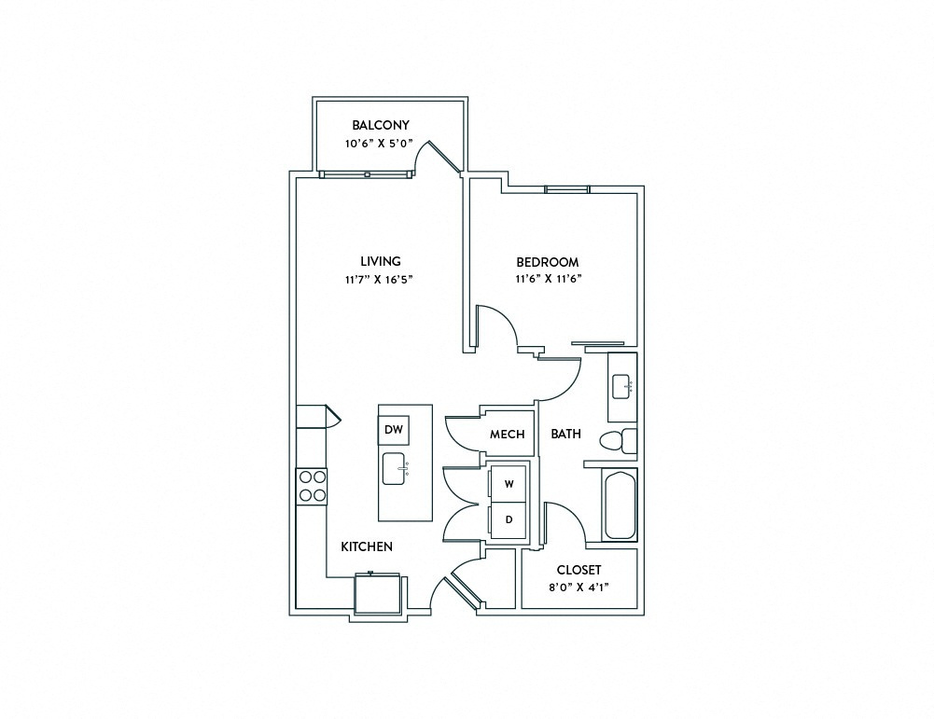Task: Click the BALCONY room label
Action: (381, 125)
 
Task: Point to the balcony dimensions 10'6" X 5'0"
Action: (379, 144)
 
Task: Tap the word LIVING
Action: (381, 261)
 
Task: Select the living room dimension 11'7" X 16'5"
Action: (379, 279)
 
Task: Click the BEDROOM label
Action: (548, 262)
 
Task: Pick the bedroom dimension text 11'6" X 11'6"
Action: (548, 278)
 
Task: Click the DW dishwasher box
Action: (394, 430)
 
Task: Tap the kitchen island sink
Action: (395, 468)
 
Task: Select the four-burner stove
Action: (312, 486)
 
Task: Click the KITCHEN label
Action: (367, 546)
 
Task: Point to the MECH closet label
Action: (507, 435)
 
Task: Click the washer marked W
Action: (509, 484)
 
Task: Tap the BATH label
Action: (565, 434)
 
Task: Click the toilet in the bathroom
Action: (618, 441)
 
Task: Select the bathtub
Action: (620, 505)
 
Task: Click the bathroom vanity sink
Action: (622, 387)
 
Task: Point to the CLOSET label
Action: (579, 570)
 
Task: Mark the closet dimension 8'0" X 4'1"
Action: (579, 587)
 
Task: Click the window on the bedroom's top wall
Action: (567, 189)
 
